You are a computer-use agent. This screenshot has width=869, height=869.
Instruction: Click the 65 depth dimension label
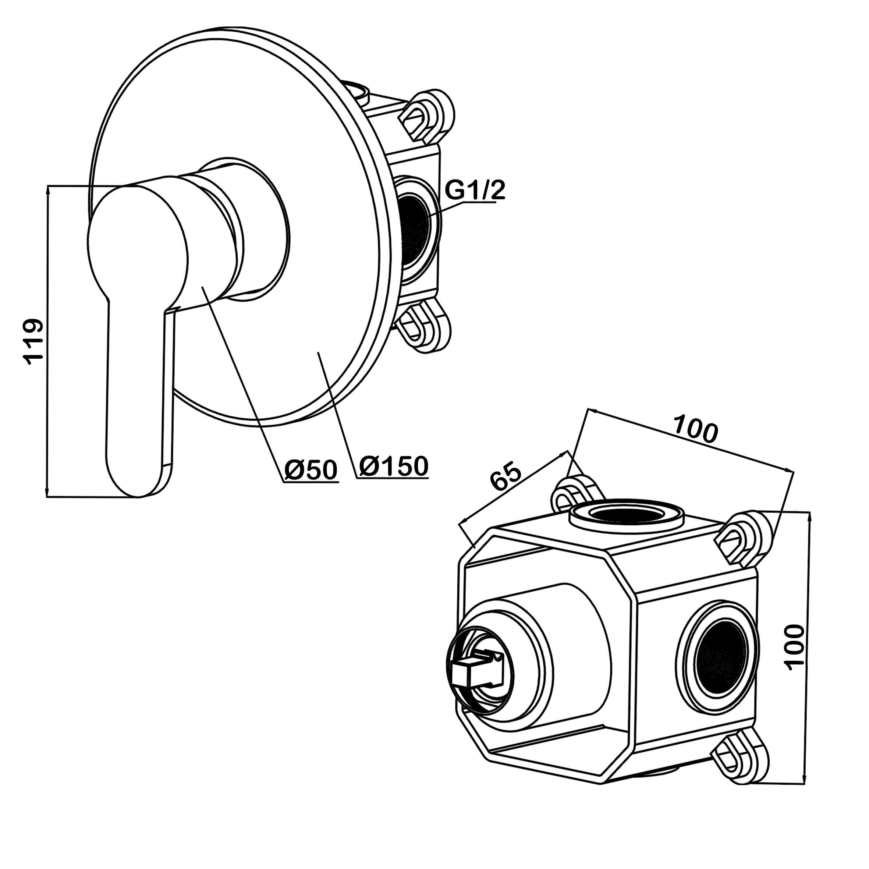506,476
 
